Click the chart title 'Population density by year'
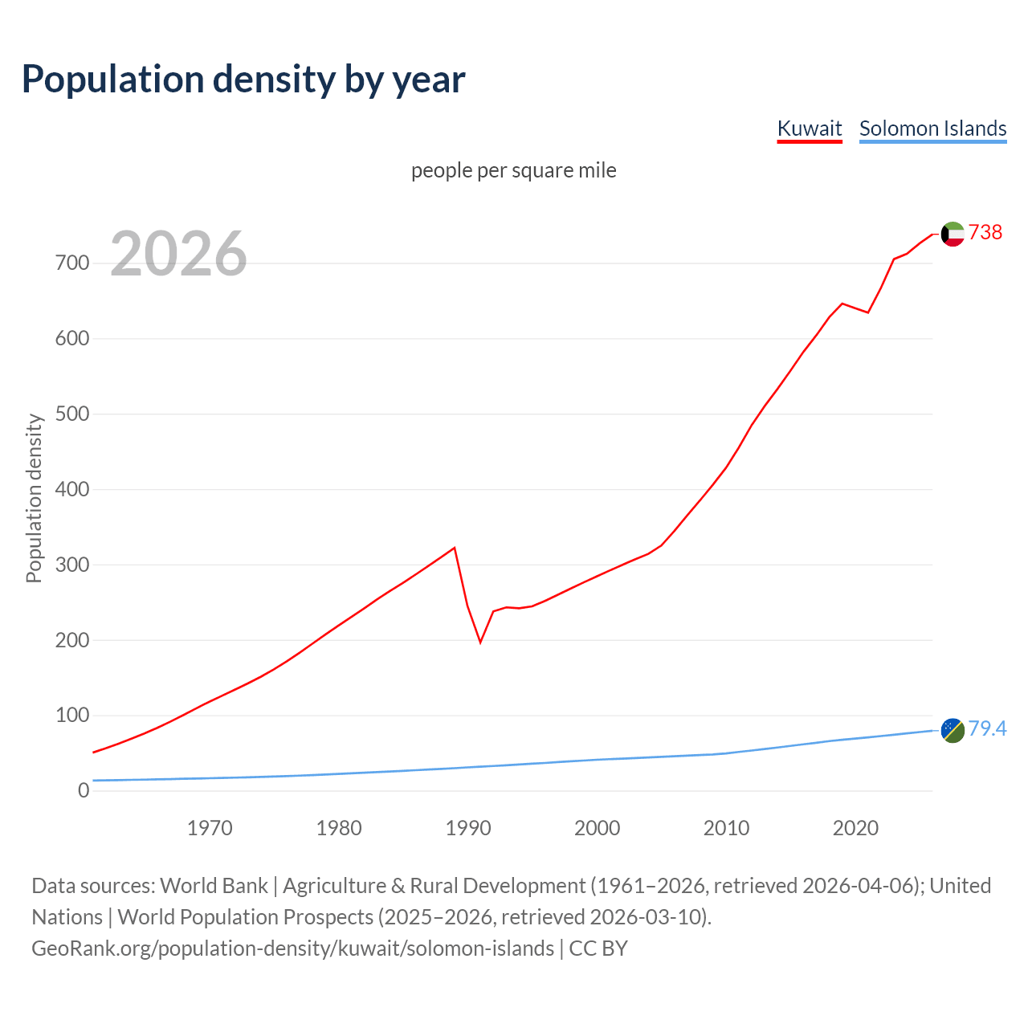[243, 79]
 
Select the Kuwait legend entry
[810, 128]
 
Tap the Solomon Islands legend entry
[932, 128]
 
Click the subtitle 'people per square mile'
[514, 170]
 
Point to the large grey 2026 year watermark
[178, 254]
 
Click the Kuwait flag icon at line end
[953, 234]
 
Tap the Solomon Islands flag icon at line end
[953, 730]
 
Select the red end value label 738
[985, 232]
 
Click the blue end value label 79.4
[987, 728]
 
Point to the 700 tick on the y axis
[72, 263]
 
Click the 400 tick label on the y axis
[72, 489]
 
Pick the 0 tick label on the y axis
[84, 790]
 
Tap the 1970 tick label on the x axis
[210, 828]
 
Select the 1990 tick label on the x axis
[468, 828]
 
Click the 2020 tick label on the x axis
[855, 828]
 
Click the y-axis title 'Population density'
[34, 498]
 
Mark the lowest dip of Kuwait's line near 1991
[480, 642]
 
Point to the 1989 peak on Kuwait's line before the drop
[455, 548]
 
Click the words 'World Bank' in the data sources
[214, 886]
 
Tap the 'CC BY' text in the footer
[598, 948]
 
